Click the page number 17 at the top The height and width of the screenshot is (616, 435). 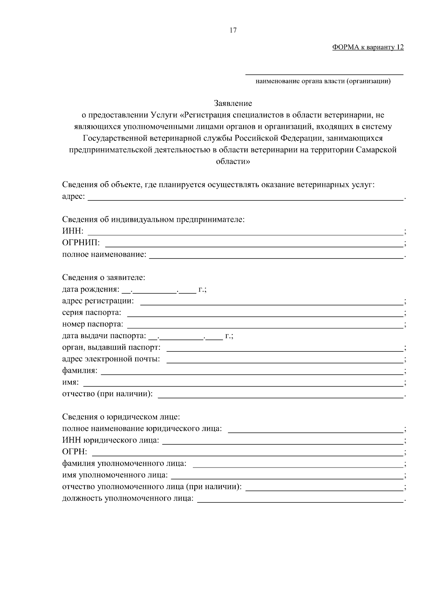click(x=233, y=30)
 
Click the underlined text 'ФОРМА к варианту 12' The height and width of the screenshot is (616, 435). click(x=368, y=47)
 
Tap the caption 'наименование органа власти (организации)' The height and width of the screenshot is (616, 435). click(x=323, y=81)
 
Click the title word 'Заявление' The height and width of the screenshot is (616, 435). click(x=233, y=103)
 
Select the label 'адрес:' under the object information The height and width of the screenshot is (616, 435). click(x=74, y=196)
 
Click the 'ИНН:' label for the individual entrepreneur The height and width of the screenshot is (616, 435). click(x=72, y=231)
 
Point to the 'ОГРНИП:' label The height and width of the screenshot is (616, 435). click(x=81, y=242)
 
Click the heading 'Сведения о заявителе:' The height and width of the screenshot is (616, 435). click(x=104, y=278)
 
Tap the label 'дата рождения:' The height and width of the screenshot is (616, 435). click(x=91, y=289)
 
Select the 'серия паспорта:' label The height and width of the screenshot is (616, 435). click(x=92, y=313)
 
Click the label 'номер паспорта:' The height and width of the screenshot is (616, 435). click(x=93, y=324)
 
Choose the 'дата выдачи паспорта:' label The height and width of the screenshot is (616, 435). click(x=104, y=336)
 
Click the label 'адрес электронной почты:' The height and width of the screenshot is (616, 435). click(x=111, y=359)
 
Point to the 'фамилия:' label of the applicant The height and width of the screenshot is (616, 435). click(x=80, y=371)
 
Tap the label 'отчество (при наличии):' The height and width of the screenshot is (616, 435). click(x=107, y=394)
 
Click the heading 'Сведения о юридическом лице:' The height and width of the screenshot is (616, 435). click(x=121, y=417)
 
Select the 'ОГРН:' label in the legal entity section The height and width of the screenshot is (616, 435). click(x=75, y=452)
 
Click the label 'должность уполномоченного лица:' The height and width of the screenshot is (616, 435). click(x=128, y=498)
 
